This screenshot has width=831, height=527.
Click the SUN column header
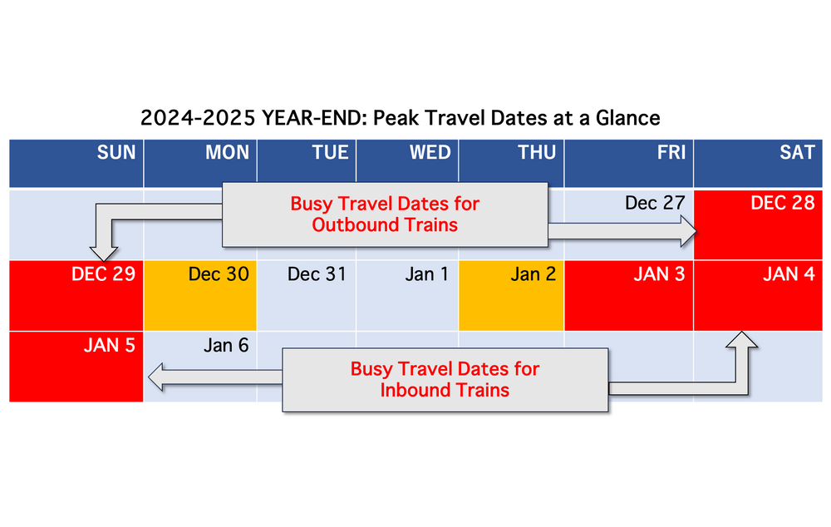pos(116,152)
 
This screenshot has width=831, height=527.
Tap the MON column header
pos(227,152)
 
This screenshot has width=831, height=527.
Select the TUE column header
pos(330,152)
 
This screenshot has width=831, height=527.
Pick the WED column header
pos(430,152)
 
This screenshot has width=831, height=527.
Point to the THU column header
pos(534,152)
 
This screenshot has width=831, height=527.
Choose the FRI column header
pos(670,152)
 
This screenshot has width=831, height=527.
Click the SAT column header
pos(796,152)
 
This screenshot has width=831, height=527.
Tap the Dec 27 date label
pos(656,203)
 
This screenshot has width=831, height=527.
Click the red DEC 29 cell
pos(76,295)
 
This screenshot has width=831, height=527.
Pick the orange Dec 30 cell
pos(200,295)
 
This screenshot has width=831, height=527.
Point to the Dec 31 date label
pos(316,274)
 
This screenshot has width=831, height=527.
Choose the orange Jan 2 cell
pos(511,295)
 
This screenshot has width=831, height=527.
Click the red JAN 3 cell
pos(629,295)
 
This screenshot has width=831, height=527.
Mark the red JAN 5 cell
pos(76,366)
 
